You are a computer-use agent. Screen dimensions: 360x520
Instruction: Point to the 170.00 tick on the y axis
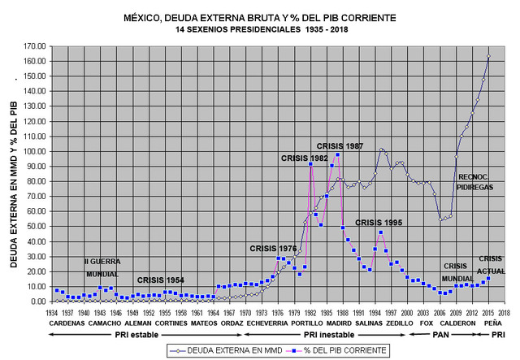click(x=34, y=46)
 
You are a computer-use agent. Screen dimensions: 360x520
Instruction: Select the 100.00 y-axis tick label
click(x=34, y=151)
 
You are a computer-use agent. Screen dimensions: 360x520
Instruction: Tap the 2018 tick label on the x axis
click(x=505, y=311)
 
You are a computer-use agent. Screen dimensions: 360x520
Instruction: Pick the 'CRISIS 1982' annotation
click(x=305, y=158)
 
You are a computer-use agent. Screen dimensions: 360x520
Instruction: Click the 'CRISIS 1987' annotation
click(x=340, y=145)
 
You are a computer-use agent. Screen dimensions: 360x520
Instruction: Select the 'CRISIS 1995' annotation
click(x=379, y=222)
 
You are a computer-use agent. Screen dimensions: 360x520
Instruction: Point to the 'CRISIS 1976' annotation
click(x=274, y=249)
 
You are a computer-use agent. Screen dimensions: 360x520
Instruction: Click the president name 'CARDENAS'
click(x=66, y=323)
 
